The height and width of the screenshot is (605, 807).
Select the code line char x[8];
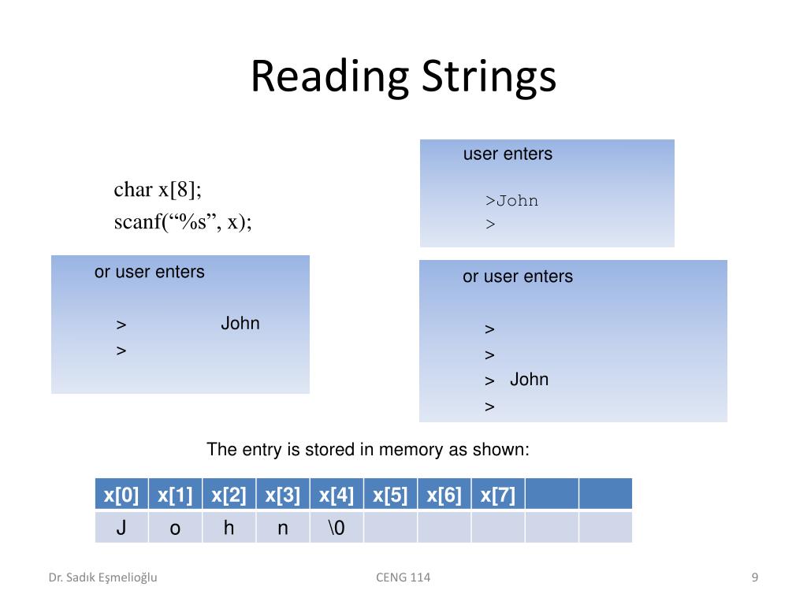pos(158,190)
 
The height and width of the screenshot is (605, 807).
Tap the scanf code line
pos(183,222)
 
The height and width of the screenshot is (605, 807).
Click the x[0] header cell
pos(121,495)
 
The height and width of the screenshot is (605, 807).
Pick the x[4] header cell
pos(337,495)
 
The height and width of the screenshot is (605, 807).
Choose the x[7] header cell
pos(498,495)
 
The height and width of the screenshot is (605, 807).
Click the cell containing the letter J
pos(121,528)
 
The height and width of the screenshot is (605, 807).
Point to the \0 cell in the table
pos(337,528)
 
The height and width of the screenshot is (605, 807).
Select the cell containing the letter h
pos(229,528)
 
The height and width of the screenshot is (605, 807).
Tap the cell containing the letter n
pos(283,528)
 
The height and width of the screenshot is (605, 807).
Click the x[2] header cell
pos(229,495)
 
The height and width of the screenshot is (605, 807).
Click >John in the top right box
pos(512,201)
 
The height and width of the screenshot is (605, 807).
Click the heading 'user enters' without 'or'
pos(508,154)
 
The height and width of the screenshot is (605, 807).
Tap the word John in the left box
pos(240,324)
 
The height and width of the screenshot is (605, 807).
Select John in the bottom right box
pos(529,380)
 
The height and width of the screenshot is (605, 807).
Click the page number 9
pos(755,577)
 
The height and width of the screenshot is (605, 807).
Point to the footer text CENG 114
pos(403,577)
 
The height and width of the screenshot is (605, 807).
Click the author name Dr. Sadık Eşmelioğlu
pos(103,577)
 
